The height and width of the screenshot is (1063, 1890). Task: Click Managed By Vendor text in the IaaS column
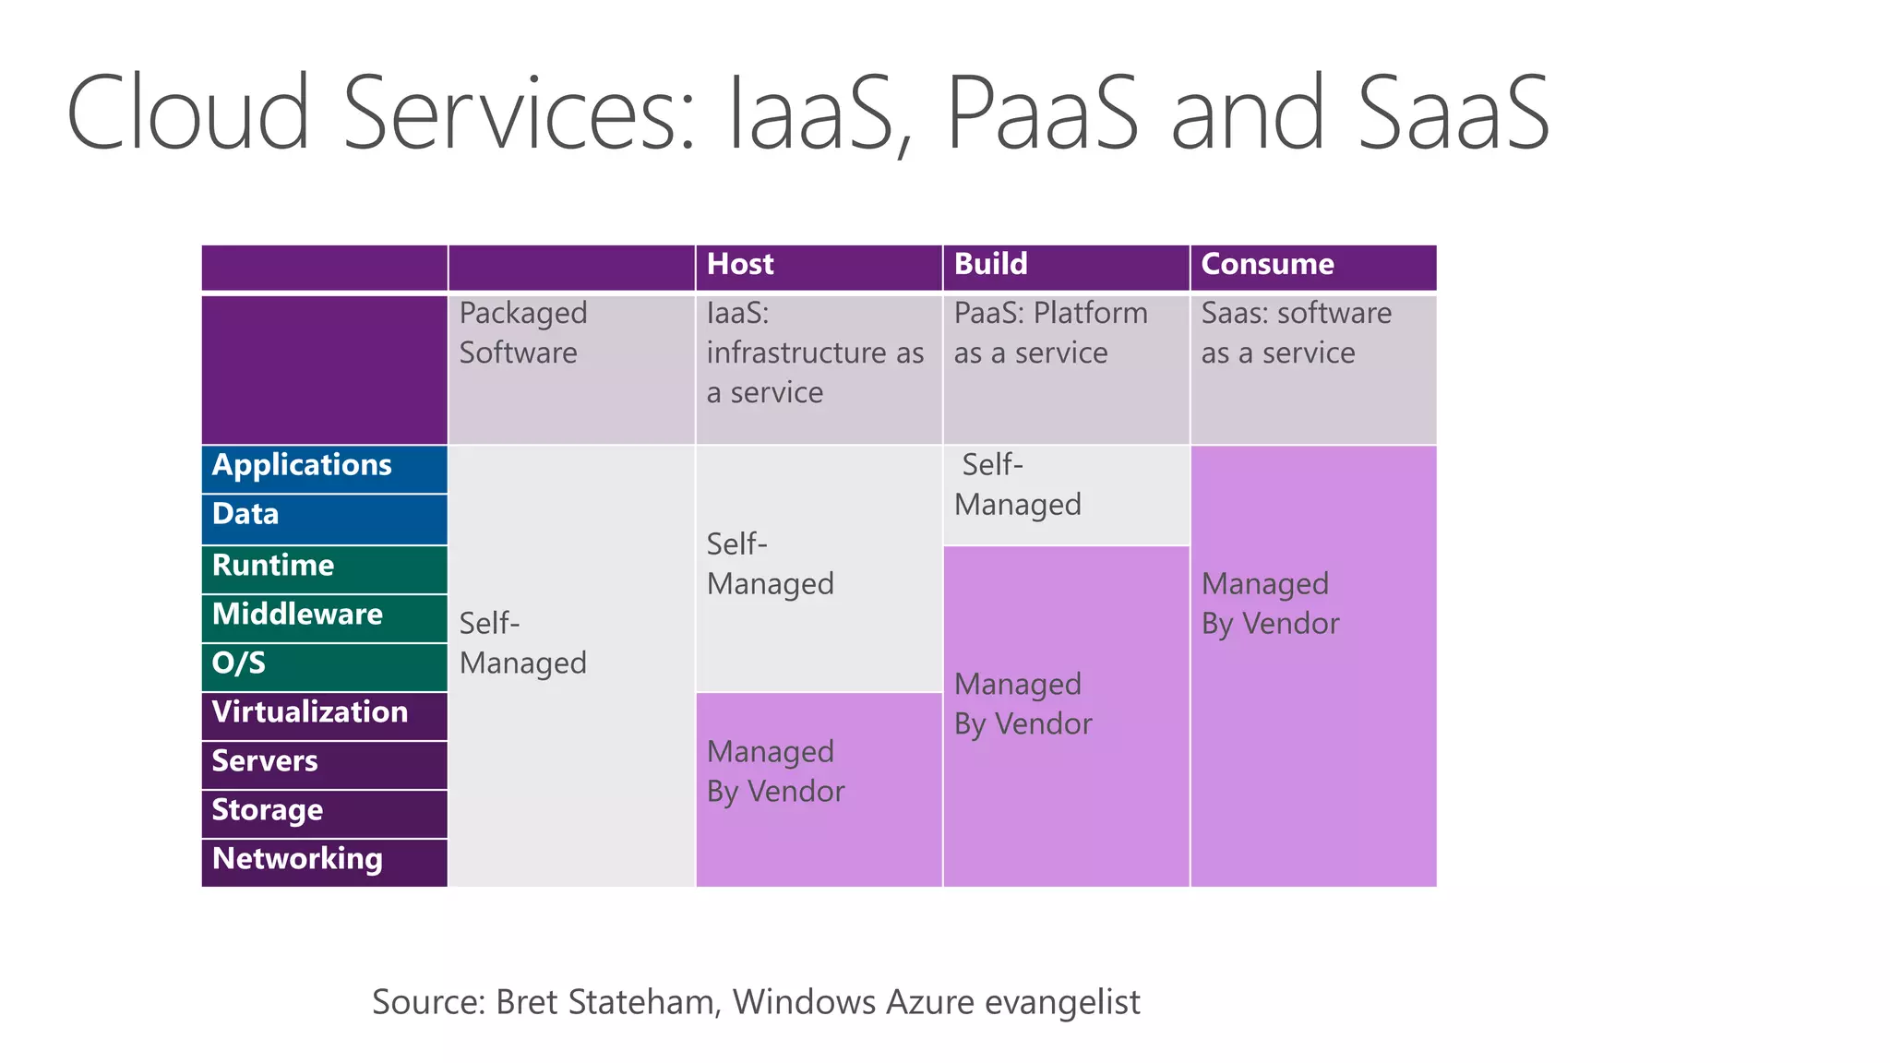775,771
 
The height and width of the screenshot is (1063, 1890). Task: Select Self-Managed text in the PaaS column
1017,484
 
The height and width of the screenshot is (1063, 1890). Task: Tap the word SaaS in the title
1453,113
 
